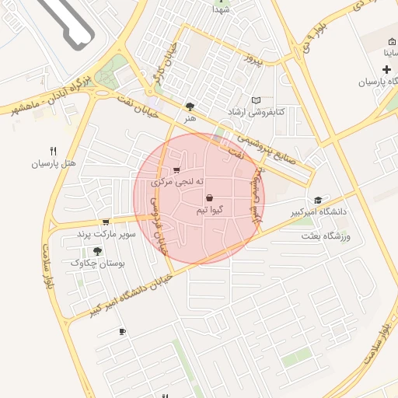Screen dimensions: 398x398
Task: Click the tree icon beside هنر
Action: coord(190,106)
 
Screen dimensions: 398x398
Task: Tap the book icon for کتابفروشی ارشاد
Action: coord(257,100)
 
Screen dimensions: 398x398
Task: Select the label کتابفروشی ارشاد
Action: coord(255,113)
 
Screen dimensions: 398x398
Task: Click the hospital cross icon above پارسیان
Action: coord(386,70)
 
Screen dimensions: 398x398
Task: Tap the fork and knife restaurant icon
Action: coord(53,151)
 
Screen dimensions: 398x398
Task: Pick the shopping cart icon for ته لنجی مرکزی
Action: coord(177,170)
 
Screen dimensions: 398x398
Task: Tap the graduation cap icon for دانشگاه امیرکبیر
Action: coord(317,200)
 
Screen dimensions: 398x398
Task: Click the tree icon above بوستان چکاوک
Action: coord(97,251)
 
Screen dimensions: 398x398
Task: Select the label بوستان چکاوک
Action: coord(98,264)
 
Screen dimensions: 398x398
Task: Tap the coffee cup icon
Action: coord(122,332)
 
